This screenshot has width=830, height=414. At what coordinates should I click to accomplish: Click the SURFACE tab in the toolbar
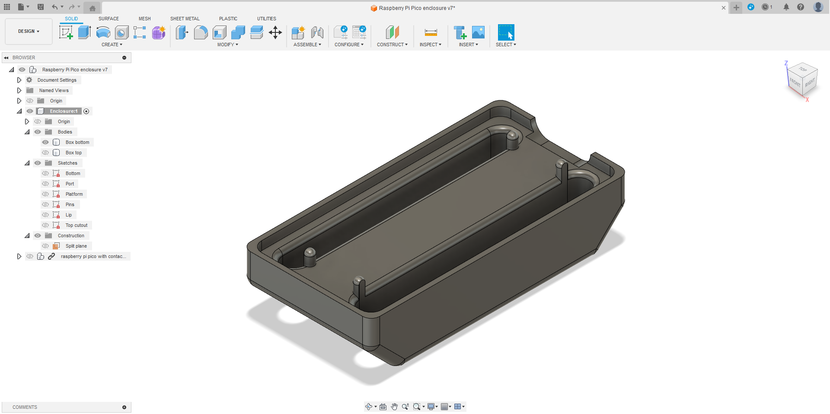[x=109, y=19]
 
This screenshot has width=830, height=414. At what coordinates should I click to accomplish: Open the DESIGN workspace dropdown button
[x=29, y=32]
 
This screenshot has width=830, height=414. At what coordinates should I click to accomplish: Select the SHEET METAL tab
[x=185, y=19]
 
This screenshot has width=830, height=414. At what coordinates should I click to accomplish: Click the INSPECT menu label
[x=430, y=45]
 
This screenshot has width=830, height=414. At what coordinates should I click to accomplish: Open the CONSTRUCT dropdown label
[x=392, y=45]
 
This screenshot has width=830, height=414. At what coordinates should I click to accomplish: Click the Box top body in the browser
[x=73, y=153]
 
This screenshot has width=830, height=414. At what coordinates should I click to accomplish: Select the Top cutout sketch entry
[x=76, y=225]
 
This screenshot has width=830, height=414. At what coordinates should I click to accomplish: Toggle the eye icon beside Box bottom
[x=45, y=142]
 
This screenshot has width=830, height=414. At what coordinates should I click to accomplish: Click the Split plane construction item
[x=76, y=246]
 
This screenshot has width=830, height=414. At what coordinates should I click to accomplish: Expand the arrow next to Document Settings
[x=19, y=80]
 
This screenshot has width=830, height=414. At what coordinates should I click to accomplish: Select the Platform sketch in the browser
[x=74, y=194]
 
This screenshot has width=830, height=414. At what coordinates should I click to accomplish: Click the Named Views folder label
[x=54, y=90]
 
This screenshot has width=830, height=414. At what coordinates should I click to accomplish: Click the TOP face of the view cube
[x=803, y=70]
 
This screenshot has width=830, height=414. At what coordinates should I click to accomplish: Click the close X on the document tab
[x=724, y=8]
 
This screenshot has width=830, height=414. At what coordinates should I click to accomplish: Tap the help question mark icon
[x=801, y=7]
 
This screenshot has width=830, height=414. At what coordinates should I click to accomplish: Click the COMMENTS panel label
[x=25, y=407]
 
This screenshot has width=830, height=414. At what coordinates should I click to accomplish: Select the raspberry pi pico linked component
[x=93, y=256]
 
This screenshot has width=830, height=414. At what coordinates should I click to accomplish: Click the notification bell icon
[x=786, y=7]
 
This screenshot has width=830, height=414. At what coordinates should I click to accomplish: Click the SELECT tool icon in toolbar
[x=506, y=32]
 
